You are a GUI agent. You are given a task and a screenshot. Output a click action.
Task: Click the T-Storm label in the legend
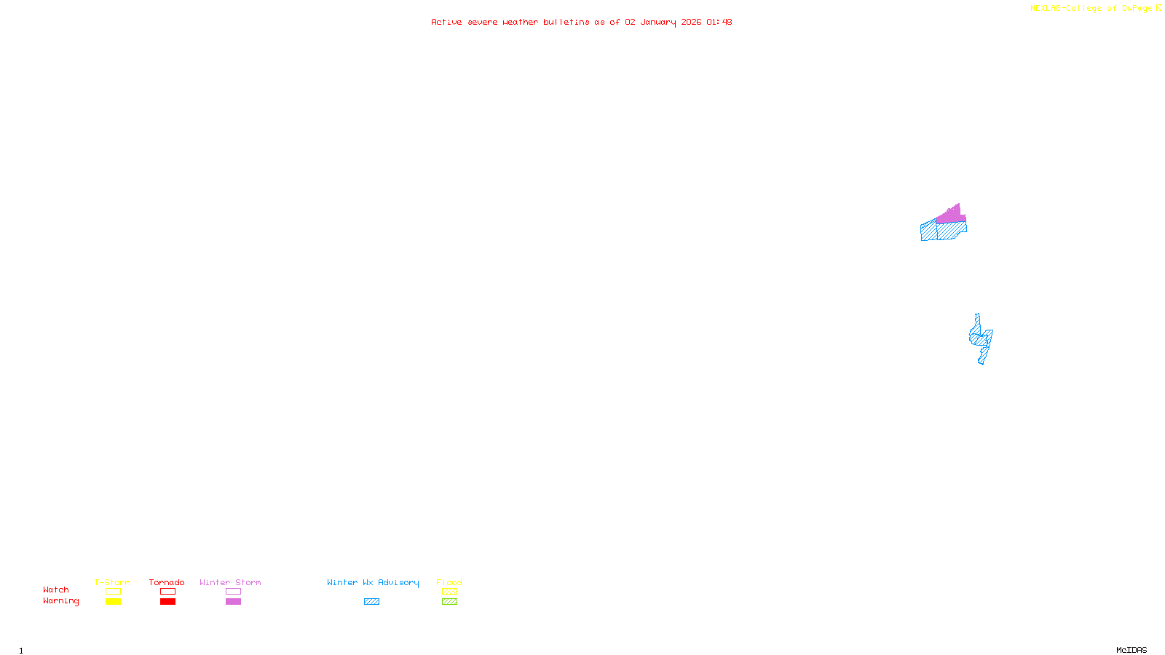pyautogui.click(x=112, y=582)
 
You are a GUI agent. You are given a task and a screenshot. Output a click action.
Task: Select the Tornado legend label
pyautogui.click(x=167, y=582)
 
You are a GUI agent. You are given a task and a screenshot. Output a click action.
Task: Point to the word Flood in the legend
pyautogui.click(x=449, y=582)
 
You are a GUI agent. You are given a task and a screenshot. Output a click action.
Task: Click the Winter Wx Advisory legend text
pyautogui.click(x=373, y=582)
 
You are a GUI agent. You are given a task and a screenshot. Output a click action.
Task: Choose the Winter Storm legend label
pyautogui.click(x=230, y=582)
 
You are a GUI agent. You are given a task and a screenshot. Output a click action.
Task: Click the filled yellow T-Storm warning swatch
pyautogui.click(x=113, y=602)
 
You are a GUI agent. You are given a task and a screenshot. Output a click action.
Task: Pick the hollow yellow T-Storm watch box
pyautogui.click(x=113, y=592)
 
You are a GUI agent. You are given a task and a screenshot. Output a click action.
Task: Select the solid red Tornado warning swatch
pyautogui.click(x=167, y=602)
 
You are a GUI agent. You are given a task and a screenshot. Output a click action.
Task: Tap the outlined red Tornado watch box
pyautogui.click(x=167, y=592)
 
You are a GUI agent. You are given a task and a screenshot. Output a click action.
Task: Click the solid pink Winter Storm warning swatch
pyautogui.click(x=233, y=602)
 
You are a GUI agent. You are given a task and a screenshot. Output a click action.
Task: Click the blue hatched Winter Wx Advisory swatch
pyautogui.click(x=371, y=602)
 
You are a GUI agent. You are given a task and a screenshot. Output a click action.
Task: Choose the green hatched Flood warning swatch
pyautogui.click(x=449, y=602)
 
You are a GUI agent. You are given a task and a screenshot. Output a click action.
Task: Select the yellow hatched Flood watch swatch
pyautogui.click(x=449, y=592)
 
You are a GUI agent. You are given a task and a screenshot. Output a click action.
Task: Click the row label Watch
pyautogui.click(x=56, y=590)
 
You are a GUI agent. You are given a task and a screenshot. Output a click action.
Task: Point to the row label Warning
pyautogui.click(x=61, y=601)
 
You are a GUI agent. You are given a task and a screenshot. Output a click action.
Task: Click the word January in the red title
pyautogui.click(x=658, y=23)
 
